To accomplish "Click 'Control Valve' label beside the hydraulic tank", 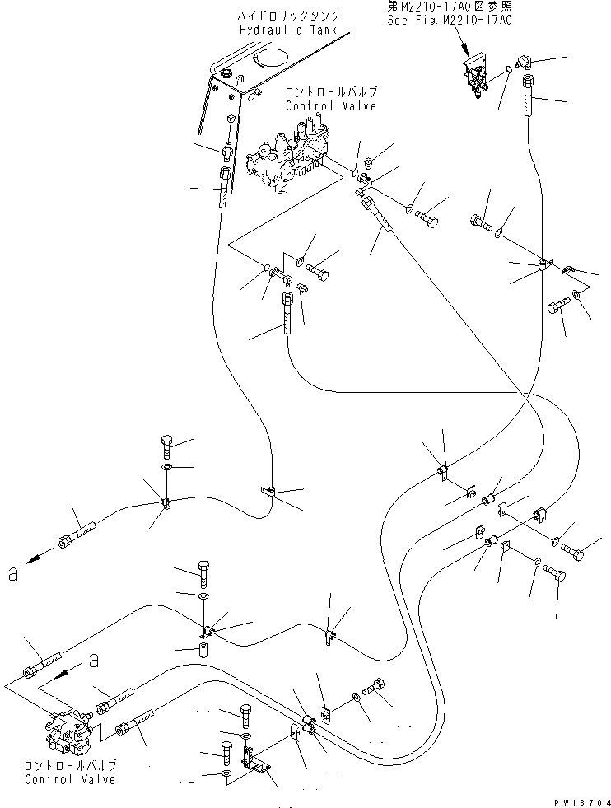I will (x=320, y=107).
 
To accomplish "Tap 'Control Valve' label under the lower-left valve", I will (x=69, y=779).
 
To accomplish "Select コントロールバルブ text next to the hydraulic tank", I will (x=319, y=94).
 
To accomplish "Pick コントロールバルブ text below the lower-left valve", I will (x=70, y=766).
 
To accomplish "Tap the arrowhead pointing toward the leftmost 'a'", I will (x=31, y=560).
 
